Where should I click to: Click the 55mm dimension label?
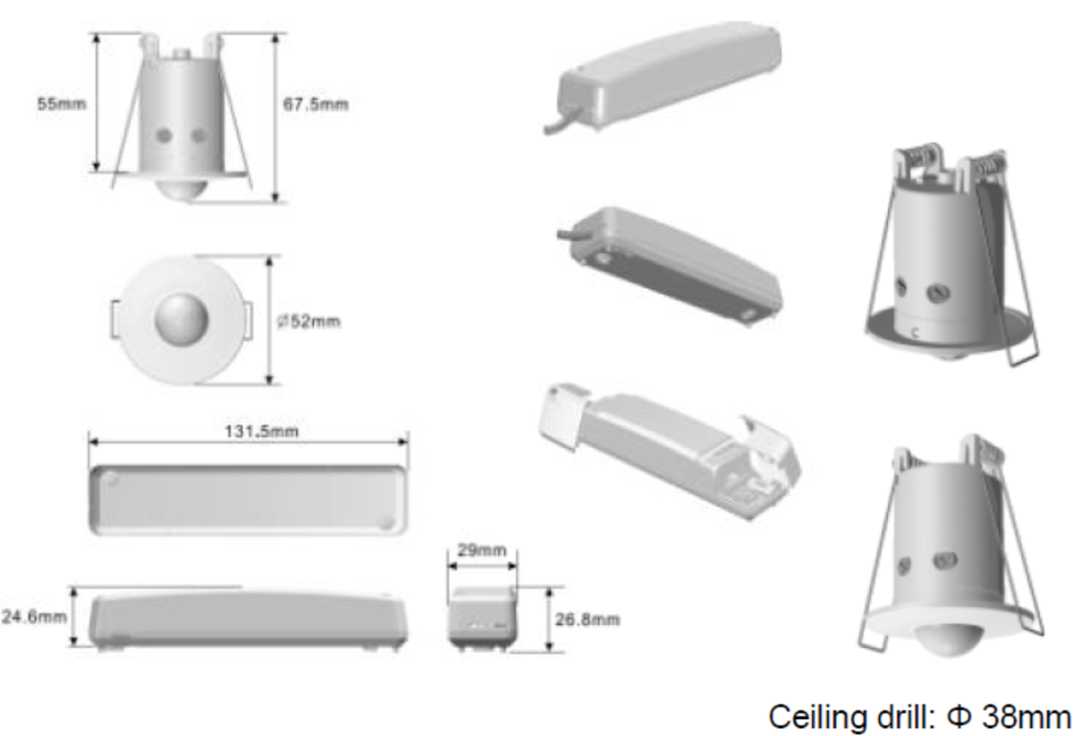pyautogui.click(x=61, y=104)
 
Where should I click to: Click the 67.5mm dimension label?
pyautogui.click(x=316, y=105)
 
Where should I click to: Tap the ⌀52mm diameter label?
pyautogui.click(x=308, y=321)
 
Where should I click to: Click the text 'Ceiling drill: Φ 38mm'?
pyautogui.click(x=920, y=715)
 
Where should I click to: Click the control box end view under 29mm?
pyautogui.click(x=481, y=618)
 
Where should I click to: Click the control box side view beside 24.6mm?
pyautogui.click(x=249, y=619)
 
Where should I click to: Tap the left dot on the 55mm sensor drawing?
pyautogui.click(x=164, y=136)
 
